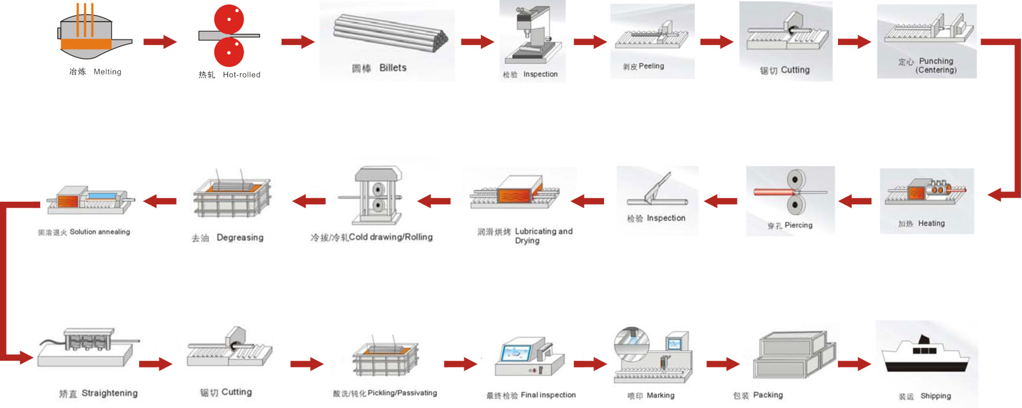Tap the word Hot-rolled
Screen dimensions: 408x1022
(241, 75)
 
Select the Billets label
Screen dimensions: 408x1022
(392, 68)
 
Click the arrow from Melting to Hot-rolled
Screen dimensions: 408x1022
(159, 41)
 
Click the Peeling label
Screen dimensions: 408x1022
(651, 66)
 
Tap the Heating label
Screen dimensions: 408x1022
(931, 223)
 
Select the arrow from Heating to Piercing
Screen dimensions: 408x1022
(854, 201)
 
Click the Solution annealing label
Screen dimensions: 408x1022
(100, 232)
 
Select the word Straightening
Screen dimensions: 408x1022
(109, 393)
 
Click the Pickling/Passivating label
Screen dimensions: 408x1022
(402, 393)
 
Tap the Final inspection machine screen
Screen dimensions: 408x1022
(516, 352)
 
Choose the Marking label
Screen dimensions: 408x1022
(660, 395)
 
